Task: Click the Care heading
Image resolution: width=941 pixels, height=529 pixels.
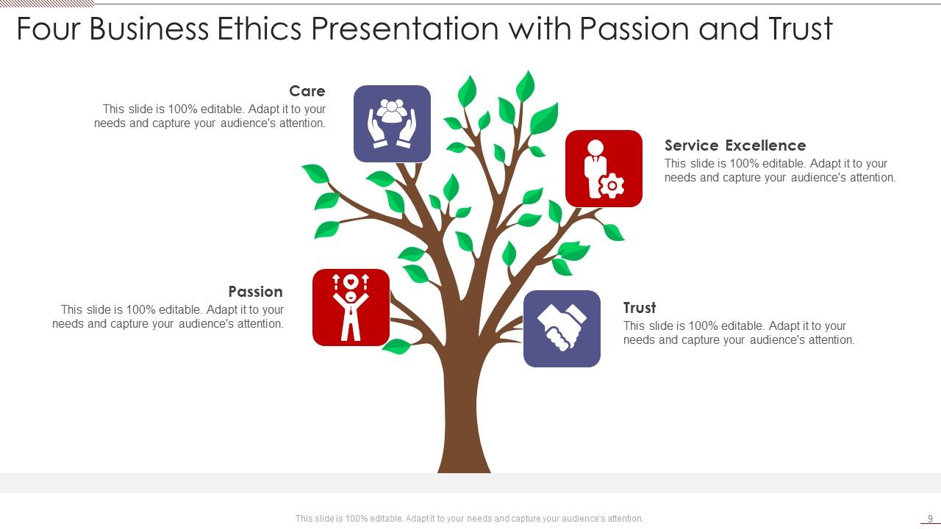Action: click(x=307, y=91)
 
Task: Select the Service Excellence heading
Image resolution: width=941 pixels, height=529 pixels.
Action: click(x=735, y=145)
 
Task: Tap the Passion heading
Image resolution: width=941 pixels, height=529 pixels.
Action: click(x=255, y=292)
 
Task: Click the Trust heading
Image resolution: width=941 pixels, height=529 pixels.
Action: click(x=640, y=308)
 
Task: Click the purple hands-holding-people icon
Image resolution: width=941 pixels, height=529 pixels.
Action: click(x=392, y=123)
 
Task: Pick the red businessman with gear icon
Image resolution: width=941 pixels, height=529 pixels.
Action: click(x=604, y=168)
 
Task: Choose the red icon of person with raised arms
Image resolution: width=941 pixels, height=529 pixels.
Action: click(x=351, y=307)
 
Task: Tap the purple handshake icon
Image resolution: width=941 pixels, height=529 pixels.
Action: click(x=562, y=328)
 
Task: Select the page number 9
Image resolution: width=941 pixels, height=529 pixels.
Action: click(x=930, y=519)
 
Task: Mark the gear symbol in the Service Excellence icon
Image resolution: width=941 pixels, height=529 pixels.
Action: click(x=612, y=186)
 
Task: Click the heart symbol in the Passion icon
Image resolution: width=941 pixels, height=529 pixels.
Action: click(x=351, y=281)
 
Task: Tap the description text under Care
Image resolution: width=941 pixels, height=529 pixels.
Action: click(x=210, y=116)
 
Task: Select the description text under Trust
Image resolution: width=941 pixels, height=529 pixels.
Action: click(x=738, y=333)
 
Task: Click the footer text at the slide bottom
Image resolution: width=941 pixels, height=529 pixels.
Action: click(x=469, y=519)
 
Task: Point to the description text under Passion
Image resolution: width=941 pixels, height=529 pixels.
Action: click(x=168, y=317)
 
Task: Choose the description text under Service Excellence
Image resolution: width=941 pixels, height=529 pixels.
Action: click(x=779, y=170)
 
